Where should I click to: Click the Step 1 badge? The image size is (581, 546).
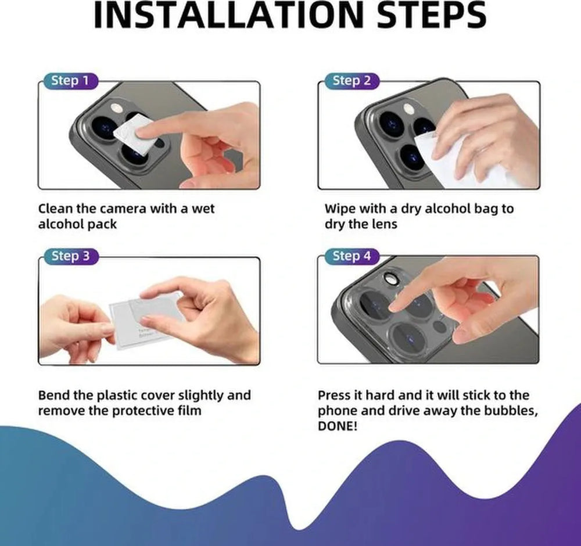[x=70, y=81]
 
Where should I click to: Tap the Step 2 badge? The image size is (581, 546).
[x=351, y=81]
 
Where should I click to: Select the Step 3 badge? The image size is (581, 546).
[x=70, y=256]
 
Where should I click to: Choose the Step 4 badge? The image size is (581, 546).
[x=352, y=256]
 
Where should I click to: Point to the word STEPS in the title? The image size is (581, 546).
[x=433, y=16]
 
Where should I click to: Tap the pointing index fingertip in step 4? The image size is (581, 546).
[x=394, y=306]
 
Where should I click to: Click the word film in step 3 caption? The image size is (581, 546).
[x=188, y=411]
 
